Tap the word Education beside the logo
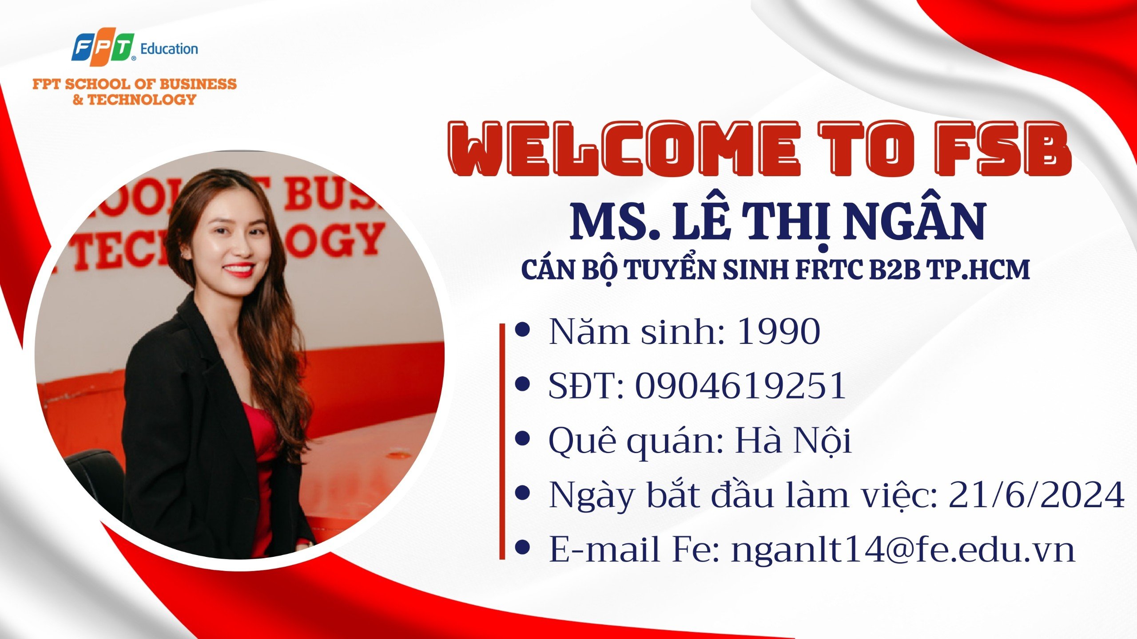click(169, 49)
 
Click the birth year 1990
click(779, 331)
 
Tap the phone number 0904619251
click(741, 386)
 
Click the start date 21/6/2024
click(1037, 495)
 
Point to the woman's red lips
click(239, 270)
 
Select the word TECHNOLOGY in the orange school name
click(141, 99)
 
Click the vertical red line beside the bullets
click(502, 441)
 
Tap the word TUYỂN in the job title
click(670, 269)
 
